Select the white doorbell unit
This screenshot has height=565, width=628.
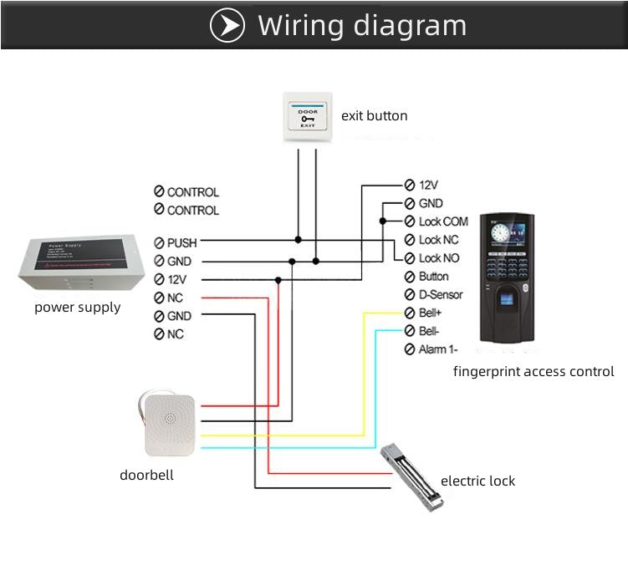point(169,424)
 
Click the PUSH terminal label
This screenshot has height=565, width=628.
point(181,242)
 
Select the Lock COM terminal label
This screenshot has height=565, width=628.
point(442,221)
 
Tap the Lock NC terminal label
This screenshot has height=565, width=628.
point(439,240)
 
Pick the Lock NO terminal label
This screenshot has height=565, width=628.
point(439,258)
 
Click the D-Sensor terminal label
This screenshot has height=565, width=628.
point(440,294)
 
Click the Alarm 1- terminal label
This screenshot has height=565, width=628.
point(437,349)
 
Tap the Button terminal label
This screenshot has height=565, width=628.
point(433,277)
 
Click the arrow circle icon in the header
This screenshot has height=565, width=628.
point(227,26)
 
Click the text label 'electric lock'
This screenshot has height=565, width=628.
point(477,481)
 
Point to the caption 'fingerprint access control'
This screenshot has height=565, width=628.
point(534,371)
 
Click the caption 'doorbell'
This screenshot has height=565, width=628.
point(146,475)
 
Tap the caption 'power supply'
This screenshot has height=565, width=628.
point(77,307)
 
